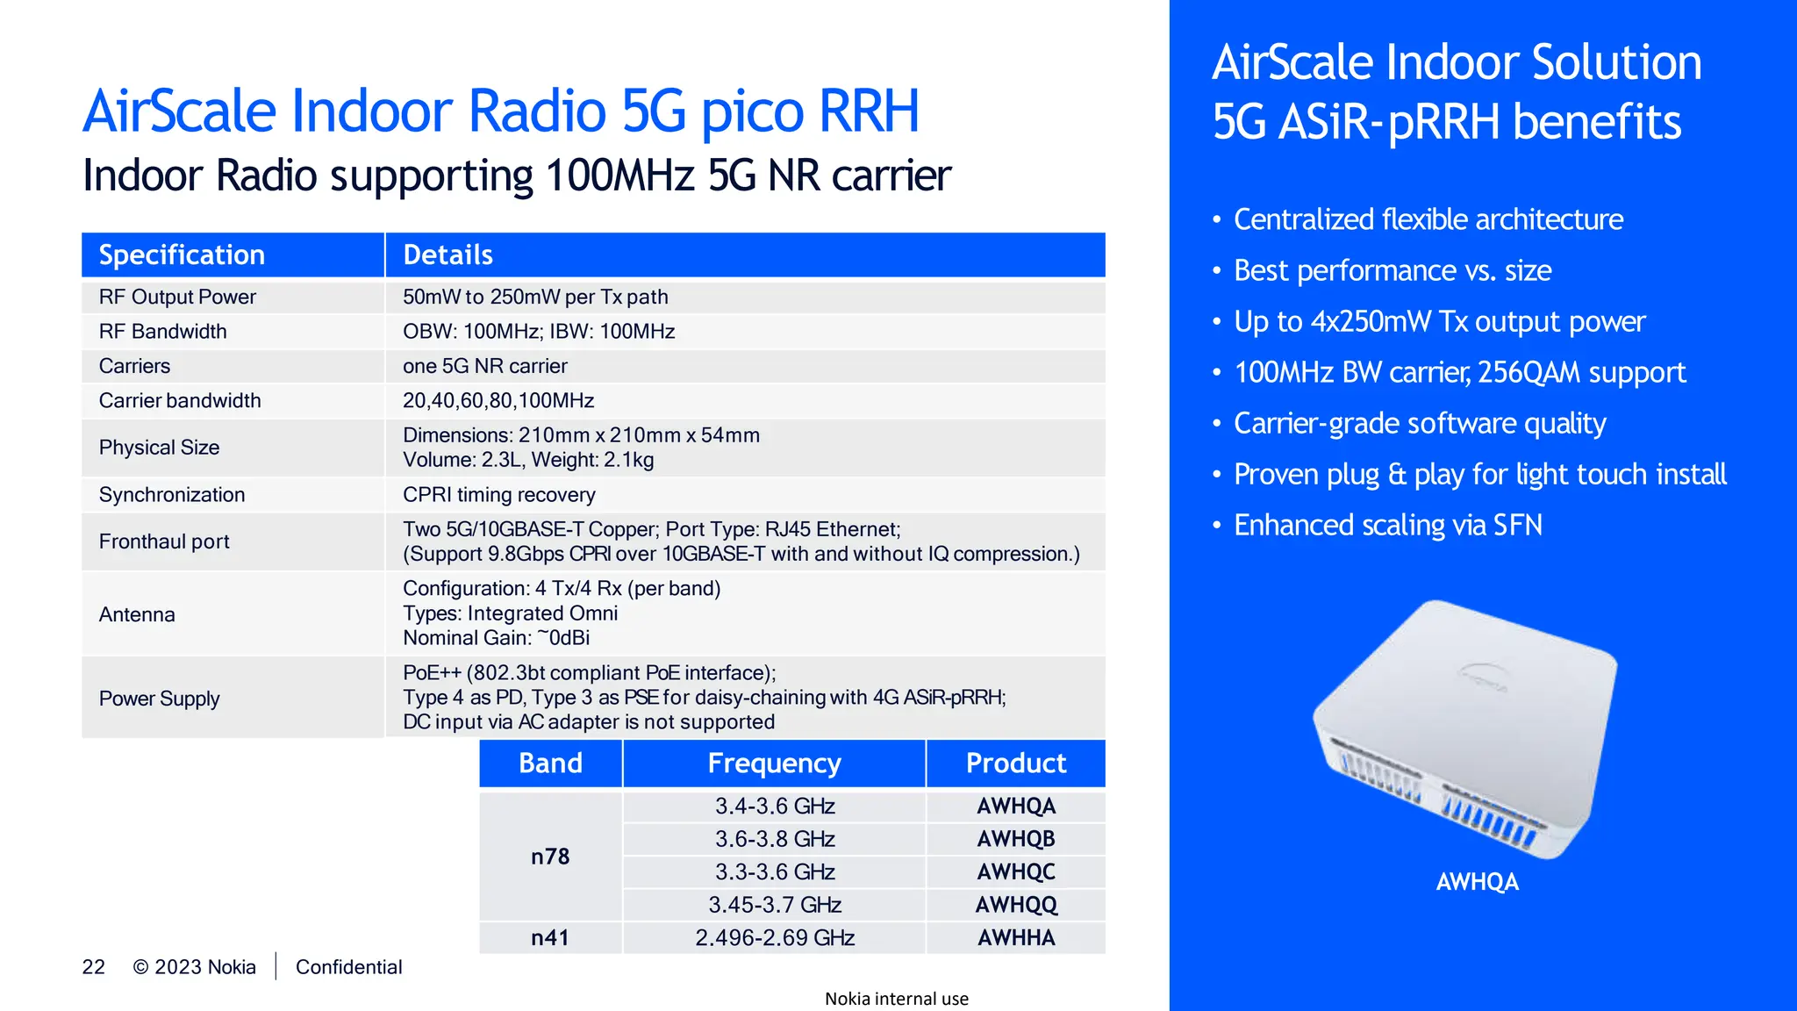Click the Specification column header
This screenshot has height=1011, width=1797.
182,255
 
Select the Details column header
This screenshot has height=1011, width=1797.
447,255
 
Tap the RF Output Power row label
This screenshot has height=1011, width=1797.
177,298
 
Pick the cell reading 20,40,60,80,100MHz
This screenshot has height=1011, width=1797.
498,401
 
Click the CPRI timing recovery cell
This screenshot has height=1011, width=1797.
498,495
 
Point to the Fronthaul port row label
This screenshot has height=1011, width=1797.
164,542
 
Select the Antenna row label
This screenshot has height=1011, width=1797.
137,615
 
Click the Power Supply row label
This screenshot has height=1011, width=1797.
159,699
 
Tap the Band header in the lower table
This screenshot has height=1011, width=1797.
550,764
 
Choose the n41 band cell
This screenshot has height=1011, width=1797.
550,938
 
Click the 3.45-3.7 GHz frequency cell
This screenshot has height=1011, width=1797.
775,905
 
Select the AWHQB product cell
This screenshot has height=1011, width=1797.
1016,839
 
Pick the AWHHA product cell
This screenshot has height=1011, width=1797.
1016,938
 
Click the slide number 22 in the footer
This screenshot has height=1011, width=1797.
93,967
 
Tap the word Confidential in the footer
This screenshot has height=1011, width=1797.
348,967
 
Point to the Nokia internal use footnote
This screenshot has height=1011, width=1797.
896,999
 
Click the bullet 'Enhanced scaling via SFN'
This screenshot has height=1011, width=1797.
1387,526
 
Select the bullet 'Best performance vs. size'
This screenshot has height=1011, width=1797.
1392,271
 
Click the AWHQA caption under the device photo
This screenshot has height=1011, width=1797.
1477,882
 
